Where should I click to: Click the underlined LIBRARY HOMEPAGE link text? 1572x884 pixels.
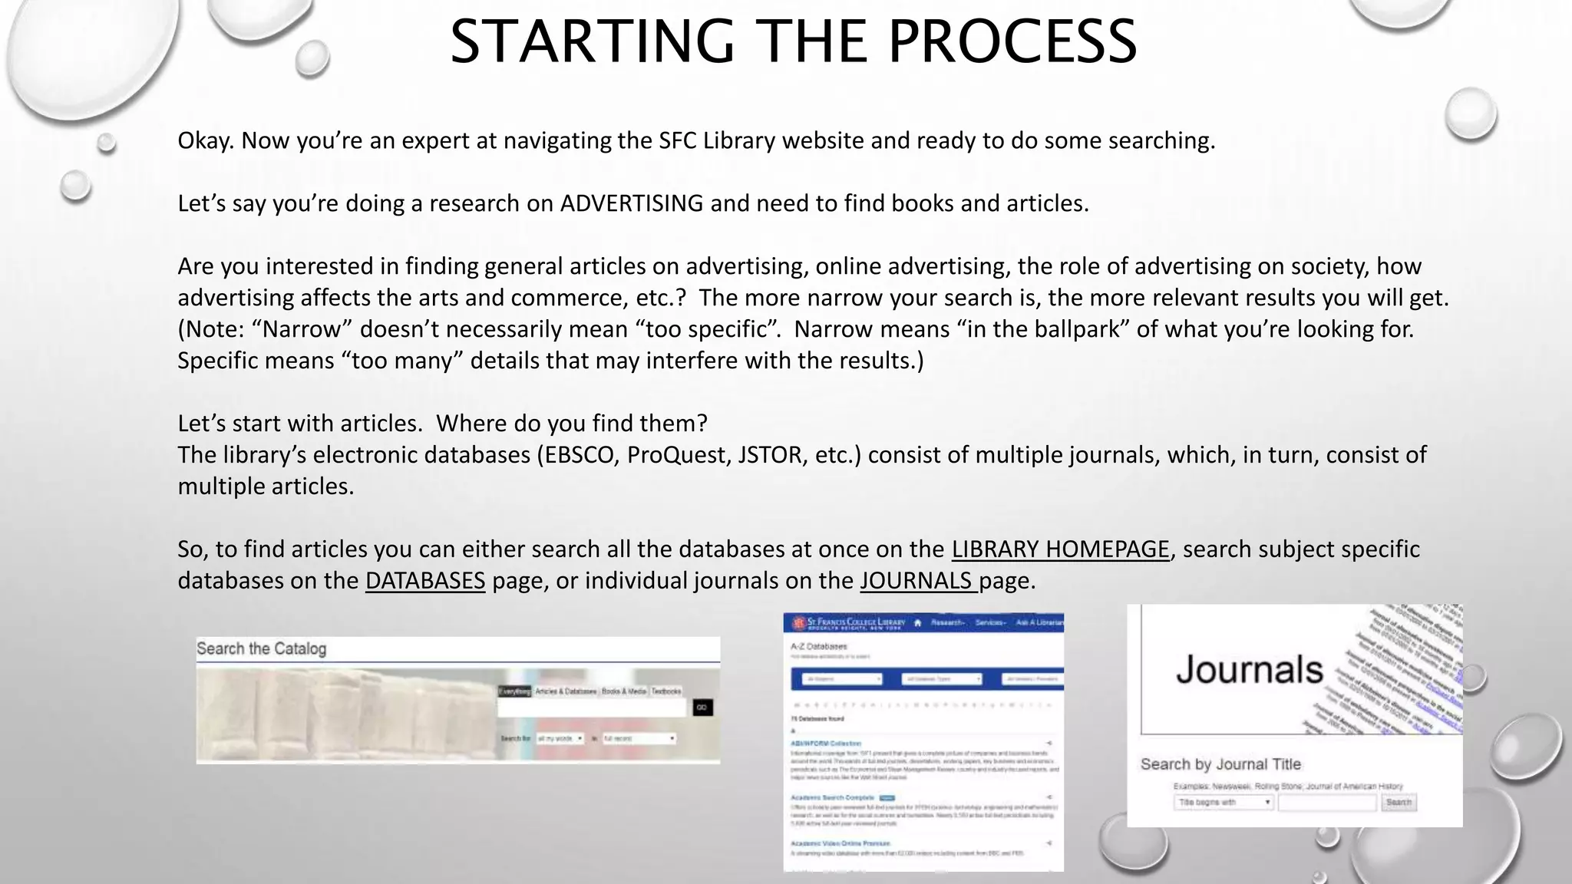(1060, 549)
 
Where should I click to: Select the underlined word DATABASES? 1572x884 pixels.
(425, 580)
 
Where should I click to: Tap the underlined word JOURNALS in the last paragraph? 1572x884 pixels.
(916, 580)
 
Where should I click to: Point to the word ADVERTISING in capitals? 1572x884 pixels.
(631, 203)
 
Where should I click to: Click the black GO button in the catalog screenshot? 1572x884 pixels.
(702, 708)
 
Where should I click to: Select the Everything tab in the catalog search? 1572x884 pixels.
(514, 691)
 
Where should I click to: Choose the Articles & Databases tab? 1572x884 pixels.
(566, 691)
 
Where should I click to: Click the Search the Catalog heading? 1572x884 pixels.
(261, 648)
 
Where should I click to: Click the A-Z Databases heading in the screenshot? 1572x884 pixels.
(818, 647)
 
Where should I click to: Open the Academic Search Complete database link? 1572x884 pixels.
(832, 798)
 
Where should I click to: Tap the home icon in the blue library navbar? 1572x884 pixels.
(917, 622)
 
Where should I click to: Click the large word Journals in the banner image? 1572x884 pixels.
(1249, 670)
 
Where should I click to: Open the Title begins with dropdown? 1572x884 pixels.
(1223, 803)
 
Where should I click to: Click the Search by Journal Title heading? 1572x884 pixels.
(1220, 764)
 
